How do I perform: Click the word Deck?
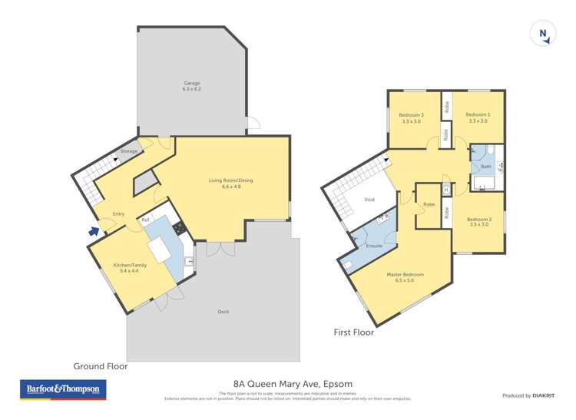(223, 311)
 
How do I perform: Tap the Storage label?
(130, 151)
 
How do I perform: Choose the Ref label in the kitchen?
(144, 220)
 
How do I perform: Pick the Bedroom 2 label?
(478, 222)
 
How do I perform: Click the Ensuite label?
(375, 246)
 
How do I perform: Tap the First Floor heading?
(353, 332)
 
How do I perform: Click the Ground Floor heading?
(100, 366)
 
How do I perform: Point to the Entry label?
(119, 213)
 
